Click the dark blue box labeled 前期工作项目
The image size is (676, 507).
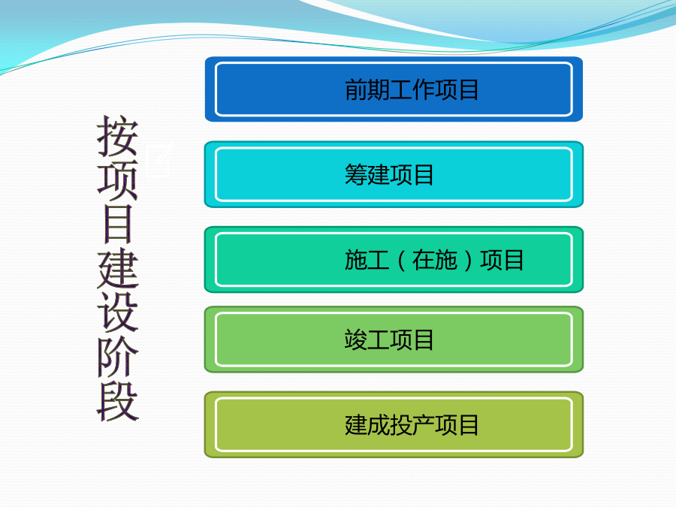click(x=394, y=89)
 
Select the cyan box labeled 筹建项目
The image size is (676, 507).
click(x=394, y=174)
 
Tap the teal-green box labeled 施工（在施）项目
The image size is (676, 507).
click(x=394, y=260)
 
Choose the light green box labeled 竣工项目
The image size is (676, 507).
click(x=394, y=340)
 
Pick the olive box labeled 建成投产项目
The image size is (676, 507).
click(x=394, y=424)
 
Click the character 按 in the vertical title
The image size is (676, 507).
click(x=117, y=136)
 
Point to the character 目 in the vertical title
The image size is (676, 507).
click(x=117, y=224)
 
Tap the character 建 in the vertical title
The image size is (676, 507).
click(x=117, y=268)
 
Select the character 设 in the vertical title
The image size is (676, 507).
click(x=117, y=312)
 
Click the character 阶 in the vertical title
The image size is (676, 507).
click(x=117, y=357)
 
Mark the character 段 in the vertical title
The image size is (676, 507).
click(x=117, y=401)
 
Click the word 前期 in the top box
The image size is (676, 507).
click(x=367, y=89)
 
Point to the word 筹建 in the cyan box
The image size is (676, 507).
click(x=367, y=174)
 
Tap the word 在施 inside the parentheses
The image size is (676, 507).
click(x=435, y=260)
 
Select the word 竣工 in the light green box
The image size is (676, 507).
click(x=367, y=340)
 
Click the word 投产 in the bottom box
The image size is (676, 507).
click(x=412, y=425)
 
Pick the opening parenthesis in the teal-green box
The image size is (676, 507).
click(x=401, y=261)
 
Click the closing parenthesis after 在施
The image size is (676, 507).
click(x=468, y=261)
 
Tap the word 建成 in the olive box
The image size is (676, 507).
click(x=367, y=425)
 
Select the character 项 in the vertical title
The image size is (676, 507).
click(x=117, y=180)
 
